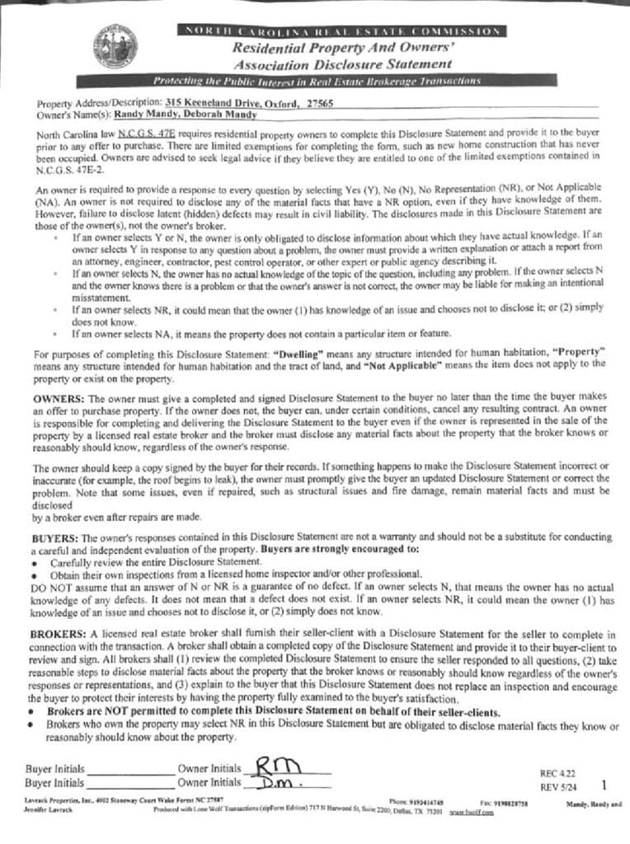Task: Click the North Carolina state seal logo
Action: point(115,49)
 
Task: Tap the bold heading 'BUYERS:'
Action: point(54,537)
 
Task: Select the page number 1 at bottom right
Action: point(604,785)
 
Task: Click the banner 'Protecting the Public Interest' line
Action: point(317,81)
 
